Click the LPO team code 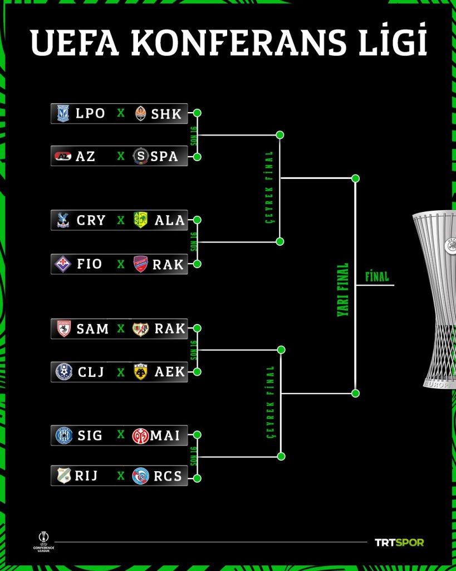click(x=90, y=114)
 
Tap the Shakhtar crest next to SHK click(x=141, y=114)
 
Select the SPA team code click(x=164, y=156)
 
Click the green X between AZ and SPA click(x=121, y=156)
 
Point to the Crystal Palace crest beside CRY click(x=63, y=220)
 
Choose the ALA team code click(x=169, y=220)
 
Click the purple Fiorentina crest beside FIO click(x=63, y=264)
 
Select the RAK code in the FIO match click(x=168, y=264)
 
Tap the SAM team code click(x=92, y=329)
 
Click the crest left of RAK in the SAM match click(x=141, y=329)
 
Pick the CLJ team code click(x=91, y=372)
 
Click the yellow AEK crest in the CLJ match click(x=141, y=372)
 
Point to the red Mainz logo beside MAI click(x=141, y=435)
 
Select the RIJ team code click(x=86, y=476)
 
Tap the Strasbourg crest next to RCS click(x=141, y=476)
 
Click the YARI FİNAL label click(x=342, y=290)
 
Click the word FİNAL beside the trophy click(x=377, y=277)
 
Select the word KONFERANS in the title click(x=238, y=42)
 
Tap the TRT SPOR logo click(x=399, y=543)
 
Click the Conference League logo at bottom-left click(x=43, y=542)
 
